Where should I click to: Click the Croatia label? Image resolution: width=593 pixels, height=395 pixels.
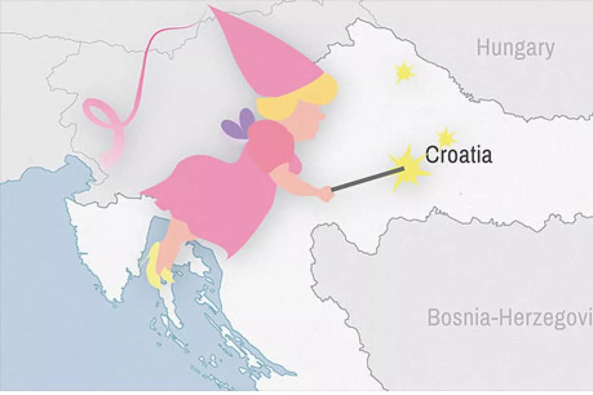(x=458, y=155)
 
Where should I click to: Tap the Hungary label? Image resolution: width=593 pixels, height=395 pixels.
(x=515, y=49)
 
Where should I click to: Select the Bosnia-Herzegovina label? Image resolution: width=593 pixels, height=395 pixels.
(x=510, y=317)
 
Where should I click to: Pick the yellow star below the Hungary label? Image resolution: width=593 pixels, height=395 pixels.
(x=404, y=72)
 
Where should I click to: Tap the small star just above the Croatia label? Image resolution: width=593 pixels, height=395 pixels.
(x=446, y=137)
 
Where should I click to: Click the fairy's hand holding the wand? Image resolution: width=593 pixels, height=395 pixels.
(x=327, y=193)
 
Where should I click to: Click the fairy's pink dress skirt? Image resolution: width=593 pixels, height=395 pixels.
(x=219, y=200)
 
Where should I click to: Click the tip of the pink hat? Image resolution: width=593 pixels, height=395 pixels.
(x=211, y=8)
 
